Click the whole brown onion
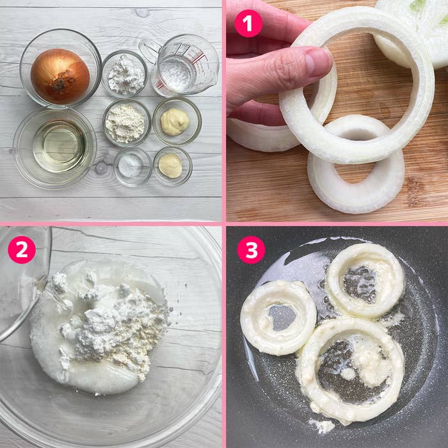click(x=60, y=76)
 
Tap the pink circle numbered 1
click(x=248, y=24)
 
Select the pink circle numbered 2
click(x=22, y=250)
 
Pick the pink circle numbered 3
click(x=251, y=250)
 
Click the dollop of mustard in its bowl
click(x=175, y=122)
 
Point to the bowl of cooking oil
click(x=54, y=148)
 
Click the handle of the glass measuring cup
click(x=149, y=51)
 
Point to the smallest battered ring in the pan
click(x=278, y=317)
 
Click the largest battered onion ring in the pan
click(x=350, y=371)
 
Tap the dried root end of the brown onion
click(x=61, y=81)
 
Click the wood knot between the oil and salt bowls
click(x=100, y=168)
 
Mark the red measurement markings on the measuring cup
click(x=193, y=56)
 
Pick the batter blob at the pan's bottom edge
click(x=323, y=426)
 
